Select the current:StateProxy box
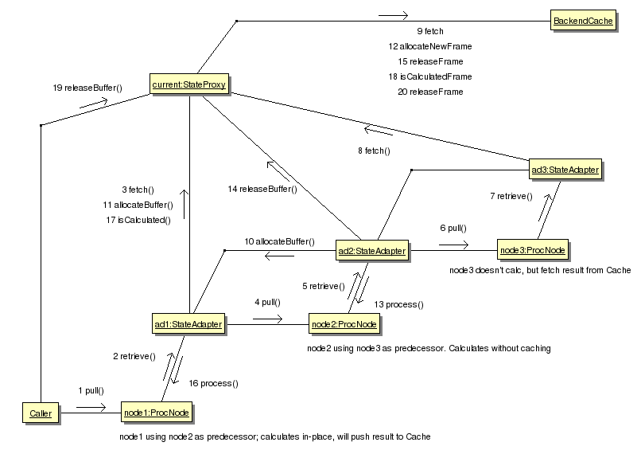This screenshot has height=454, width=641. (x=188, y=83)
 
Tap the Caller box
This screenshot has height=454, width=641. (x=40, y=413)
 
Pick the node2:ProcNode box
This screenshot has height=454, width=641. (x=344, y=324)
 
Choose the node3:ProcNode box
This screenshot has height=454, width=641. (x=533, y=251)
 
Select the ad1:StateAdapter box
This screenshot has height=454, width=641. (x=188, y=324)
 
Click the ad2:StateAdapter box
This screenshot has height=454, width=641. (x=371, y=251)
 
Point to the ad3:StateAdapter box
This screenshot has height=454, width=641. (x=564, y=169)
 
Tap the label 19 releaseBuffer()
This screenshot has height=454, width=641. (x=83, y=88)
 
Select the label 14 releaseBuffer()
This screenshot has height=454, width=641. (x=262, y=189)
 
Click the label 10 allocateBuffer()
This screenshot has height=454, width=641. (x=279, y=241)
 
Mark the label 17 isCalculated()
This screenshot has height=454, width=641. (x=138, y=219)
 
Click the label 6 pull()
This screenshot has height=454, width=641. (x=453, y=227)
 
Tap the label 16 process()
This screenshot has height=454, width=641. (x=214, y=383)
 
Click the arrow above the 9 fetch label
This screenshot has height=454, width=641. (x=393, y=15)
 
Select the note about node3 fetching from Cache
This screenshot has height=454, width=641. (x=539, y=271)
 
